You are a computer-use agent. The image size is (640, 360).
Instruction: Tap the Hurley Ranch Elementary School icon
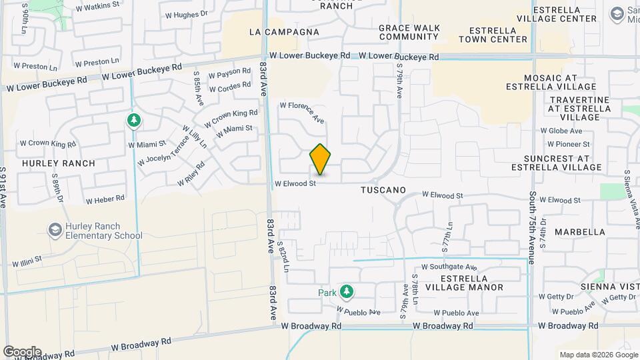tap(55, 230)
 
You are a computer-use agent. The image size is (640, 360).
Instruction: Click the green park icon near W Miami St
tap(134, 120)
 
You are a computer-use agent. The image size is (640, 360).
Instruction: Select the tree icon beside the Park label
tap(346, 291)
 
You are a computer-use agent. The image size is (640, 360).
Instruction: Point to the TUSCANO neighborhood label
tap(383, 190)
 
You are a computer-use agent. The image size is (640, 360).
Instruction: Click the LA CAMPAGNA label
tap(283, 32)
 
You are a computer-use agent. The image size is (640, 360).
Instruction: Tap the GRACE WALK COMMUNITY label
tap(409, 32)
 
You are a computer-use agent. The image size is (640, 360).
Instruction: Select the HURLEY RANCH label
tap(59, 163)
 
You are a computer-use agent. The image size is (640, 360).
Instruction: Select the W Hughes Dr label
tap(183, 13)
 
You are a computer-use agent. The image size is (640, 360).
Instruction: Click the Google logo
tap(22, 351)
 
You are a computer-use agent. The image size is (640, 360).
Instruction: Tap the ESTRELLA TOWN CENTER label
tap(499, 35)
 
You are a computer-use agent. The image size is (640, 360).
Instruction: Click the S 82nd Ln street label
tap(285, 257)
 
